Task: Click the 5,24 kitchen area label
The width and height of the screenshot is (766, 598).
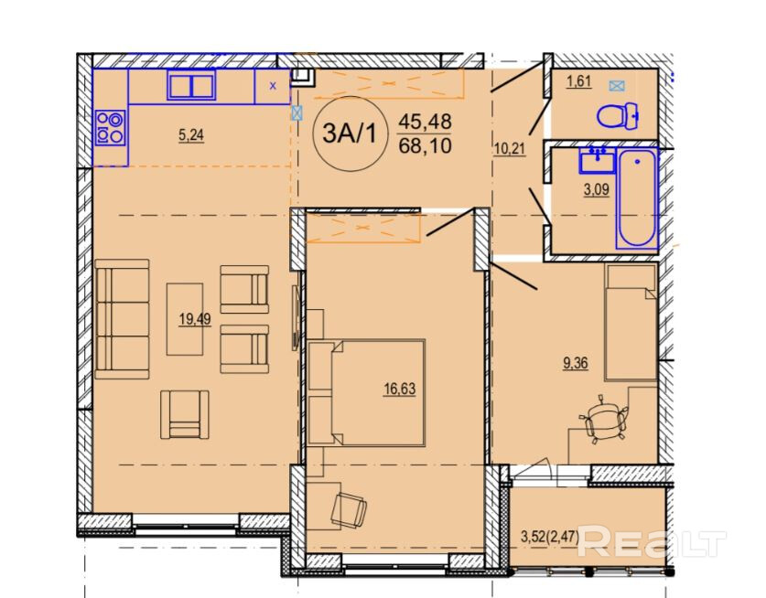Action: coord(191,135)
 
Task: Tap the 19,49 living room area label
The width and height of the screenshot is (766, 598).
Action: coord(194,319)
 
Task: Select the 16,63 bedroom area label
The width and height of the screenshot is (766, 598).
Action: coord(400,390)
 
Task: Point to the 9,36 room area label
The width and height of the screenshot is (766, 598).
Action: coord(576,363)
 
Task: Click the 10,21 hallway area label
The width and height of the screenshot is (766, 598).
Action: coord(510,149)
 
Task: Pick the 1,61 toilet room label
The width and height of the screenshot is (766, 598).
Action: coord(579,81)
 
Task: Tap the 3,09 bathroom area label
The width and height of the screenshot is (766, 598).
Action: coord(597,189)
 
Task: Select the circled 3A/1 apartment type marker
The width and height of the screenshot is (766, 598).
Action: coord(351,133)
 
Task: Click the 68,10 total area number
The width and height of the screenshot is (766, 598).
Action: coord(425,146)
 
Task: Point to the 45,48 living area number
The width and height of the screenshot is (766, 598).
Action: coord(425,122)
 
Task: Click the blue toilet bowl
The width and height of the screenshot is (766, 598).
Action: coord(618,116)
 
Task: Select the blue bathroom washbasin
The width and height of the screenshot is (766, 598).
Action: coord(597,160)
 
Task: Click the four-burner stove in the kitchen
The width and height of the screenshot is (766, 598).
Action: coord(111,128)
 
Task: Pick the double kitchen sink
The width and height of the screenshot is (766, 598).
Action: coord(191,84)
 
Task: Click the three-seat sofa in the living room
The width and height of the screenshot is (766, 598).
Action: coord(122,319)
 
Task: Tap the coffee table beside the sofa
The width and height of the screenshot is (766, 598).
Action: coord(185,319)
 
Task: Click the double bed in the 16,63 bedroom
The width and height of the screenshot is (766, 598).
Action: coord(366,392)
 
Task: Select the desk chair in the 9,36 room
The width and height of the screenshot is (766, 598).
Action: coord(603,420)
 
